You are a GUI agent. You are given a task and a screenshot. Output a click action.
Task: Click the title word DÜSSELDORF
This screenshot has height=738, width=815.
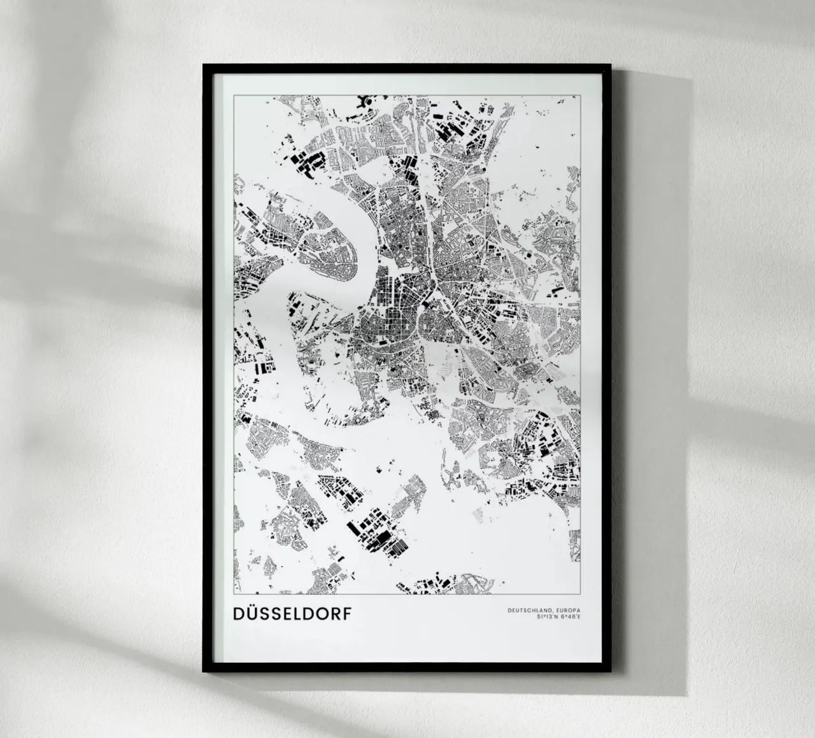292,614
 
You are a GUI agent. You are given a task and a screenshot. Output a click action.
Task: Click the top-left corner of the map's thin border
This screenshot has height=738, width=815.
234,95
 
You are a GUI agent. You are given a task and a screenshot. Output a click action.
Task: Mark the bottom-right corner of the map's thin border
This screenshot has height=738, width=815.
581,595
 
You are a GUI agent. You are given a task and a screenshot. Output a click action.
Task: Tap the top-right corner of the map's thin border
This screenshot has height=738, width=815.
581,95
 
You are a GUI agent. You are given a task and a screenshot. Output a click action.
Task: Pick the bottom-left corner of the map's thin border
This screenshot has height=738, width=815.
234,595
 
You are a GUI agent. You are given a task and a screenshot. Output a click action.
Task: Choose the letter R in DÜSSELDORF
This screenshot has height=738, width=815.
336,614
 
